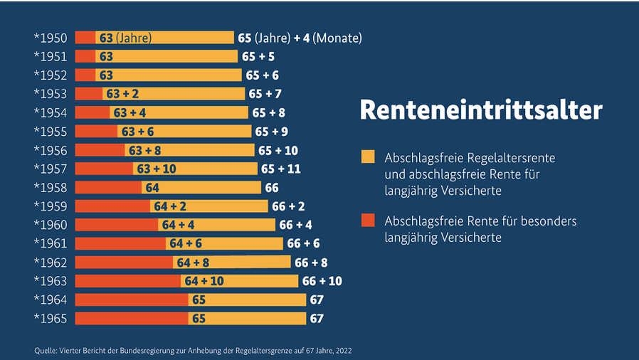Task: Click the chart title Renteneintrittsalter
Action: pyautogui.click(x=480, y=111)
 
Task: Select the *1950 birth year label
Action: pyautogui.click(x=51, y=38)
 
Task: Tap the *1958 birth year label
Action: pyautogui.click(x=51, y=188)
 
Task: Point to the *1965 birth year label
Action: pyautogui.click(x=51, y=318)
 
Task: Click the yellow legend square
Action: pyautogui.click(x=368, y=157)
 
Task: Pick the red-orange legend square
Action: pyautogui.click(x=368, y=221)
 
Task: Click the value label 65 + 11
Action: pyautogui.click(x=281, y=169)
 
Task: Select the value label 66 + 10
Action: pyautogui.click(x=322, y=281)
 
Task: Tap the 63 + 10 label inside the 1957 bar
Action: pyautogui.click(x=157, y=169)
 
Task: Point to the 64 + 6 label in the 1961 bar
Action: pyautogui.click(x=186, y=243)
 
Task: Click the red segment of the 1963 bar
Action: pyautogui.click(x=127, y=281)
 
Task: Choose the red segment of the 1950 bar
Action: pyautogui.click(x=85, y=38)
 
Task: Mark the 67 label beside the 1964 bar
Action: pyautogui.click(x=317, y=300)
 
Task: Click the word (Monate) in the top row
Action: pyautogui.click(x=337, y=38)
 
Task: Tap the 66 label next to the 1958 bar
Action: pyautogui.click(x=271, y=188)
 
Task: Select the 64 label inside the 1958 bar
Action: pyautogui.click(x=152, y=188)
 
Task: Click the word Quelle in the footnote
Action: pyautogui.click(x=43, y=350)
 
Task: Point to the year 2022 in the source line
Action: pyautogui.click(x=342, y=350)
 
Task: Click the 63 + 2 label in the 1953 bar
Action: pyautogui.click(x=122, y=94)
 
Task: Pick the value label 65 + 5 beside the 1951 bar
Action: pyautogui.click(x=258, y=56)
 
